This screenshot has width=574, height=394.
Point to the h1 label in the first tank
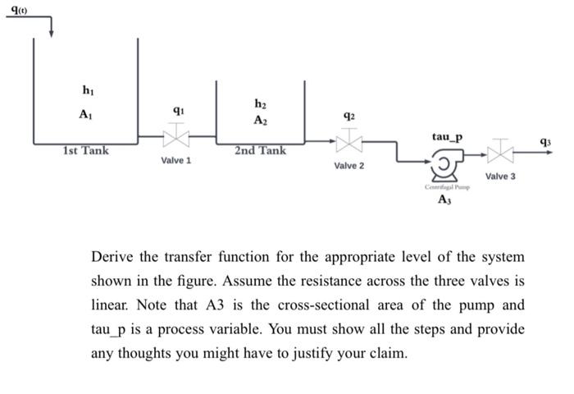(x=87, y=89)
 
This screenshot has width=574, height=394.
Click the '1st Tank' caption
(x=85, y=151)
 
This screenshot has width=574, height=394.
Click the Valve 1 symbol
(x=176, y=135)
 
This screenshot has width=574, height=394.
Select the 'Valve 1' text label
(x=176, y=160)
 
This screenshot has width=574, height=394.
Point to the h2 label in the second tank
(x=260, y=103)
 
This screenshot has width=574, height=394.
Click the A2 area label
(x=260, y=121)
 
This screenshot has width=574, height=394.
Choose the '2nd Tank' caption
(x=260, y=151)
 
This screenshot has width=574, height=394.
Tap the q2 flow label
(x=349, y=115)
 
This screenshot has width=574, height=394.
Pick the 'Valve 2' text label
(x=349, y=167)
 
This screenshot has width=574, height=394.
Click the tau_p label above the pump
(x=447, y=136)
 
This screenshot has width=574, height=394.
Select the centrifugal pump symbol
(x=444, y=167)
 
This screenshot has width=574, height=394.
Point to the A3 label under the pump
(x=444, y=199)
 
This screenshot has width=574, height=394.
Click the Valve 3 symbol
(x=500, y=152)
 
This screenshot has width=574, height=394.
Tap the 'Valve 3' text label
(x=500, y=176)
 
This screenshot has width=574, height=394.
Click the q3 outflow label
(x=545, y=142)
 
